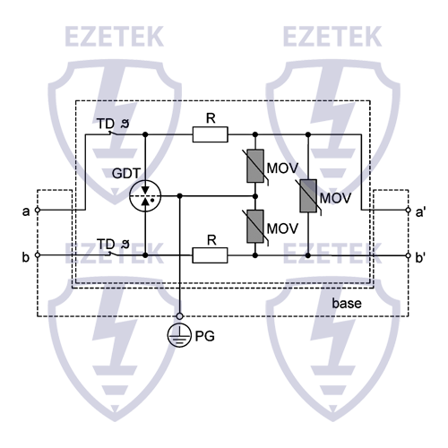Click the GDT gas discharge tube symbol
(x=144, y=196)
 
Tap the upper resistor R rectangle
(x=211, y=134)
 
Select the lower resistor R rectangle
(x=211, y=256)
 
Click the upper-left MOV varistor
(x=256, y=167)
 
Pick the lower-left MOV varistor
(x=256, y=226)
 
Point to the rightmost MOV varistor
(x=308, y=195)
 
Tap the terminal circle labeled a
(x=37, y=211)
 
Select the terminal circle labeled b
(x=37, y=256)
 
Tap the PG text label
(x=205, y=340)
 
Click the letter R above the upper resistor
(x=211, y=117)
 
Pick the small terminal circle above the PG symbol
(x=179, y=316)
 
